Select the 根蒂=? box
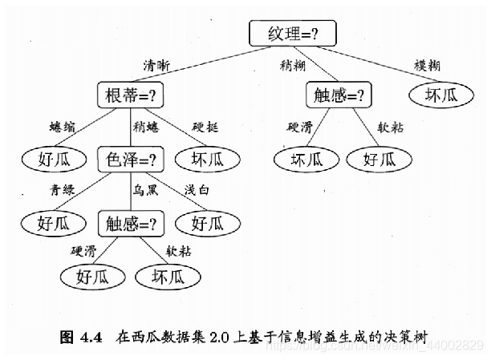point(130,95)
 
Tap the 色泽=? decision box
point(130,158)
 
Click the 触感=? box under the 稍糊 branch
point(338,95)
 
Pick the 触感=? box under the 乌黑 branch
point(130,220)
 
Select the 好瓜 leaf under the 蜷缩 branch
point(55,158)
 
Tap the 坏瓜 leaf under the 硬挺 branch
point(205,158)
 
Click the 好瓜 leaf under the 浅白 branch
point(205,220)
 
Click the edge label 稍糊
point(291,64)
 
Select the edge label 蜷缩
point(62,127)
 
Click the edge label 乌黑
point(145,189)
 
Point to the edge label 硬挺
point(206,127)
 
